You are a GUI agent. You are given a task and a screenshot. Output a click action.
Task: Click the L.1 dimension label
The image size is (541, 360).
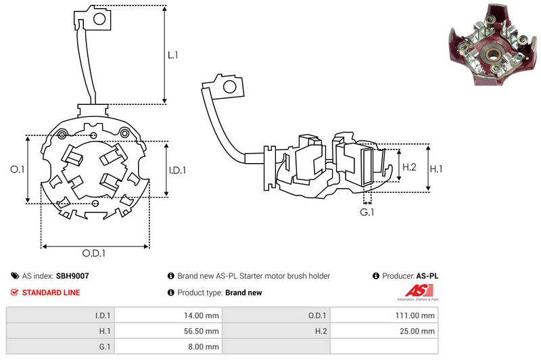(172, 55)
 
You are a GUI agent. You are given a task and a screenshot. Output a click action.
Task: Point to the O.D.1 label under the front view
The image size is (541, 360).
(94, 254)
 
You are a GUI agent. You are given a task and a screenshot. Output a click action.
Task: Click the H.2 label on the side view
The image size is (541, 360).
(409, 167)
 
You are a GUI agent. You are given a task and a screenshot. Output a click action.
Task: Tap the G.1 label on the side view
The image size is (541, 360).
(367, 213)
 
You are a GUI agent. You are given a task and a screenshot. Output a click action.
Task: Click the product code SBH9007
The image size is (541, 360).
(72, 276)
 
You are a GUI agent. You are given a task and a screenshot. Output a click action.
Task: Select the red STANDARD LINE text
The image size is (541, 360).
(51, 293)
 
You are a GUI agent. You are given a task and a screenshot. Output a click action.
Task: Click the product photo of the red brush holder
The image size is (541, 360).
(490, 51)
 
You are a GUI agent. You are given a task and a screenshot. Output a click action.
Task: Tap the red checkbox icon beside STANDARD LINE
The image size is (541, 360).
(14, 293)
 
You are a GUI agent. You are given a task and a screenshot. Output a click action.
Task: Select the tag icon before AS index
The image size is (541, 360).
(14, 276)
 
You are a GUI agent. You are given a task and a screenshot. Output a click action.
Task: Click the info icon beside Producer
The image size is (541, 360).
(375, 276)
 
